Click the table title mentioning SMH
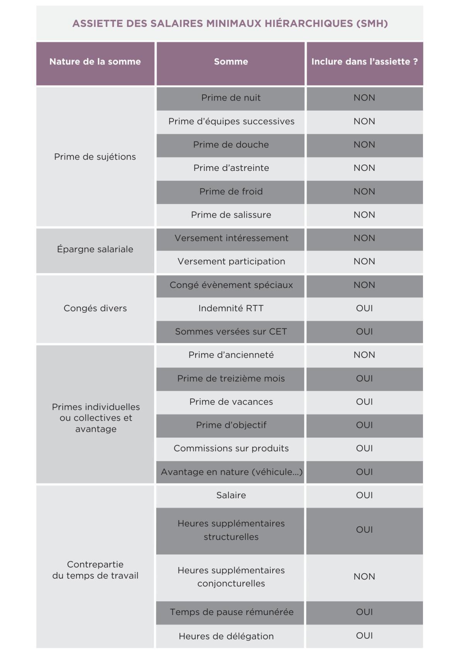pyautogui.click(x=230, y=24)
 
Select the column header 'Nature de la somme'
pyautogui.click(x=95, y=61)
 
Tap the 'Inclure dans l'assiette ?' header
pyautogui.click(x=364, y=61)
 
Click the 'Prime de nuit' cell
pyautogui.click(x=231, y=98)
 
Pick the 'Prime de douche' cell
pyautogui.click(x=231, y=145)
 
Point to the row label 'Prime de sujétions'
pyautogui.click(x=95, y=157)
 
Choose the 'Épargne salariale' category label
pyautogui.click(x=95, y=249)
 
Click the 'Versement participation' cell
pyautogui.click(x=231, y=261)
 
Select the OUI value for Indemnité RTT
pyautogui.click(x=364, y=308)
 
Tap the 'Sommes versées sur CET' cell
pyautogui.click(x=231, y=332)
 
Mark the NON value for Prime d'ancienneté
pyautogui.click(x=364, y=355)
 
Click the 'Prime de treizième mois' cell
pyautogui.click(x=231, y=378)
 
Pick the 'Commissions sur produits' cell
pyautogui.click(x=231, y=448)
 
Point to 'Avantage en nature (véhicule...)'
pyautogui.click(x=231, y=472)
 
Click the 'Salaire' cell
pyautogui.click(x=231, y=495)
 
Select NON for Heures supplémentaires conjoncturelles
pyautogui.click(x=364, y=576)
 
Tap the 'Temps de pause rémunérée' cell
pyautogui.click(x=231, y=612)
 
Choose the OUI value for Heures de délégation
pyautogui.click(x=364, y=636)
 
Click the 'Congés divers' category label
pyautogui.click(x=95, y=308)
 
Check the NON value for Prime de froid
pyautogui.click(x=364, y=191)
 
